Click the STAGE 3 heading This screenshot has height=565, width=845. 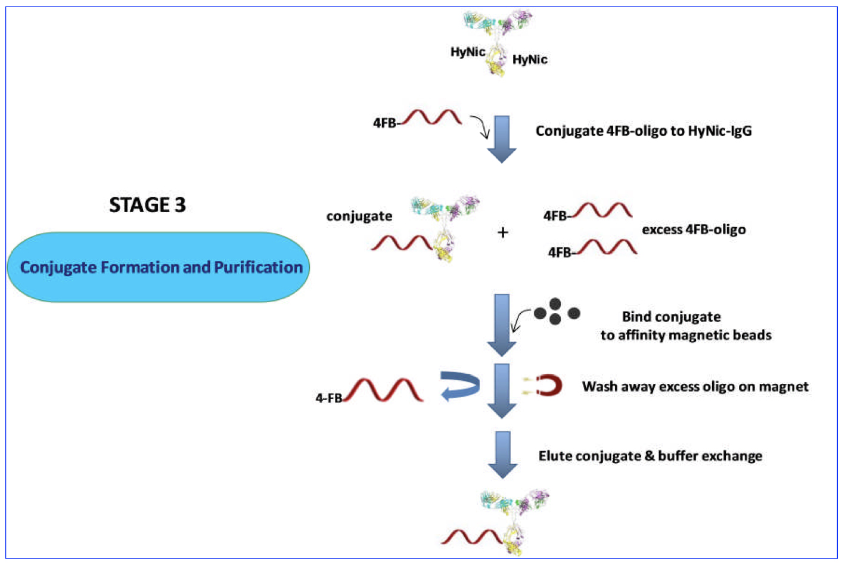point(147,205)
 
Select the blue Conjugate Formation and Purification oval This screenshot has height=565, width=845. point(159,267)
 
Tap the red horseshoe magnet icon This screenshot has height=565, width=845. point(549,386)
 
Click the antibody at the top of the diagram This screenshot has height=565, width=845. point(498,42)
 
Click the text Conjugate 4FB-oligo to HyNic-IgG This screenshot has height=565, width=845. point(643,131)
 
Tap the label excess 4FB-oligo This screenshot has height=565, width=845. point(694,229)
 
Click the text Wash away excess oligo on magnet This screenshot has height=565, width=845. point(695,387)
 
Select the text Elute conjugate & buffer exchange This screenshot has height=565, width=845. point(650,456)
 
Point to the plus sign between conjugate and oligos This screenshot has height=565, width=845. point(502,232)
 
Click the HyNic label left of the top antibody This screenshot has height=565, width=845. point(467,52)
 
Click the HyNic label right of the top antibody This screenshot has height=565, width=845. point(530,60)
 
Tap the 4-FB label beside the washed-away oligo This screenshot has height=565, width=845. point(328,398)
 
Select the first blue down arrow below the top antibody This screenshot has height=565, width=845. point(502,139)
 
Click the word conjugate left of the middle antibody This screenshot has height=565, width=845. point(359,216)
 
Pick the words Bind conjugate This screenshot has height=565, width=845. point(671,316)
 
